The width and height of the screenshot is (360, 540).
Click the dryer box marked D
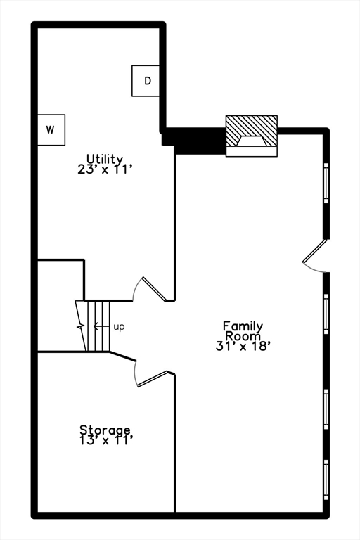148,81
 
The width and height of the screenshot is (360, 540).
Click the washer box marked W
51,130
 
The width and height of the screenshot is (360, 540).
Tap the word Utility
105,159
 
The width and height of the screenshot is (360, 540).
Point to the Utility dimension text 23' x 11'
105,169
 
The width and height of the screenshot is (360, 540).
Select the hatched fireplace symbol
251,134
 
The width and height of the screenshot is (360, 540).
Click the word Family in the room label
243,326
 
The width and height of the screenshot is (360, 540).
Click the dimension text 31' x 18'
243,345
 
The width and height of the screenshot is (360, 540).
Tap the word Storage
105,430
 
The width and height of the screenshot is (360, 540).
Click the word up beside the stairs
119,327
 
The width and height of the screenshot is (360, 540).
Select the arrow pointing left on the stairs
101,327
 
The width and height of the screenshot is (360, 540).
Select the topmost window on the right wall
326,183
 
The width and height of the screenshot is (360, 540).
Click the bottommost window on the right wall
326,480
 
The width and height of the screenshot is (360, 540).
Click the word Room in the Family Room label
243,335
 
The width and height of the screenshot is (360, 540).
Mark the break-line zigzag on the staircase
82,326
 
